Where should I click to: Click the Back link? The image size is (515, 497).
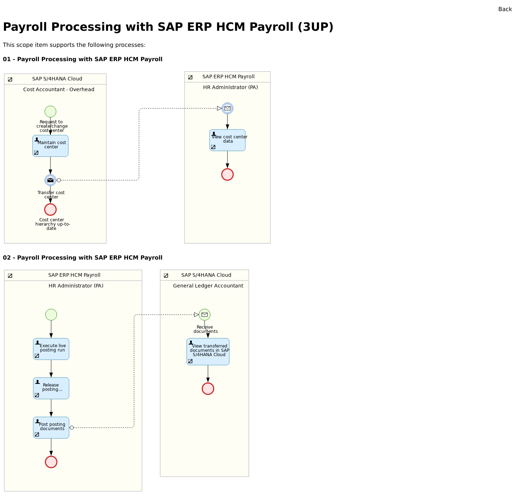point(505,9)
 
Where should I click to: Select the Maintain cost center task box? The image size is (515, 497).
point(50,146)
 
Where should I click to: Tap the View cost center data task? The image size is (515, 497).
point(227,140)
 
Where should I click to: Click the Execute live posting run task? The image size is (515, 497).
point(51,349)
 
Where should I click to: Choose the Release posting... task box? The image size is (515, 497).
point(51,388)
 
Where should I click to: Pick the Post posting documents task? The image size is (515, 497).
point(51,428)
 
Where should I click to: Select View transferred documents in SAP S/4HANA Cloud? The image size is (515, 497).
point(208,351)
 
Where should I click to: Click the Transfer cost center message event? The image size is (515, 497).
point(50,180)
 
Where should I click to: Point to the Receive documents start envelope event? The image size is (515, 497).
point(205,315)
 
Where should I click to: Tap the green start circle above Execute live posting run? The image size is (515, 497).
point(51,315)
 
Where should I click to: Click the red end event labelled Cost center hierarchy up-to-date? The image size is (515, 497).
point(50,210)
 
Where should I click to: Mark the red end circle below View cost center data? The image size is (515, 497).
point(227,174)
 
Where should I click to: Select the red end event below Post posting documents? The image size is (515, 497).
point(51,462)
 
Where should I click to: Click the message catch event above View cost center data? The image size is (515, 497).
point(227,108)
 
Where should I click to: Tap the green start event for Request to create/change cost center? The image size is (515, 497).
point(50,112)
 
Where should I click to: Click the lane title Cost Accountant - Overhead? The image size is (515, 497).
point(59,89)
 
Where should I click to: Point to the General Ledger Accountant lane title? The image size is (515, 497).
point(208,286)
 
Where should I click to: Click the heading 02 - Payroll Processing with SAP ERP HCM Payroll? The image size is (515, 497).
point(83,258)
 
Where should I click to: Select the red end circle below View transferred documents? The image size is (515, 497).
point(208,389)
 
